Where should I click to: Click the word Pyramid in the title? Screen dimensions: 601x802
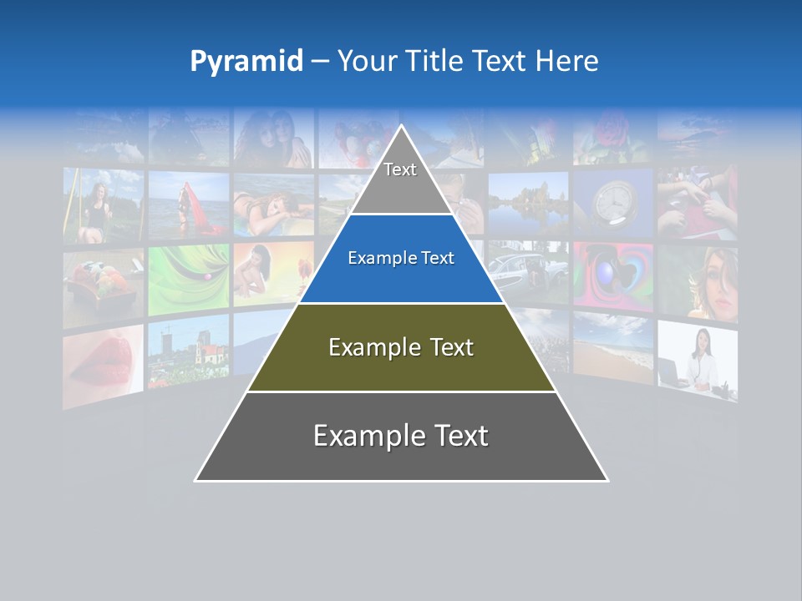246,62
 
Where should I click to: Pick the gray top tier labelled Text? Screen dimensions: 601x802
401,180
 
